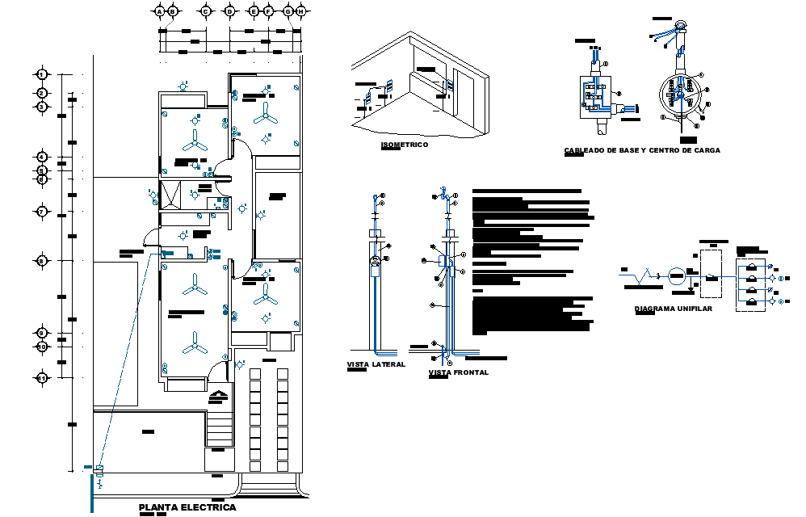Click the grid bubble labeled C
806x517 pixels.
(x=205, y=11)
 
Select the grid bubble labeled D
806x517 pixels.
(x=229, y=11)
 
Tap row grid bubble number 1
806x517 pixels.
(x=42, y=75)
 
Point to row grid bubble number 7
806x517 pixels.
(x=42, y=212)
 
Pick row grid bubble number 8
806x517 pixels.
(x=42, y=260)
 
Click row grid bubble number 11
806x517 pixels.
(x=42, y=377)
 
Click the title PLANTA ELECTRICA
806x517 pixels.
(x=187, y=507)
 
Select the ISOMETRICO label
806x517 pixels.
(x=404, y=145)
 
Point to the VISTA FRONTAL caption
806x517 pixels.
(x=458, y=372)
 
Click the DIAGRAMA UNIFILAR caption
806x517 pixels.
(x=674, y=309)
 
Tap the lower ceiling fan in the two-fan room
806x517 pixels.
(x=194, y=349)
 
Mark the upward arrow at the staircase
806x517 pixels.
(x=219, y=396)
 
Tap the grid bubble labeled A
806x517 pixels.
(x=160, y=11)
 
